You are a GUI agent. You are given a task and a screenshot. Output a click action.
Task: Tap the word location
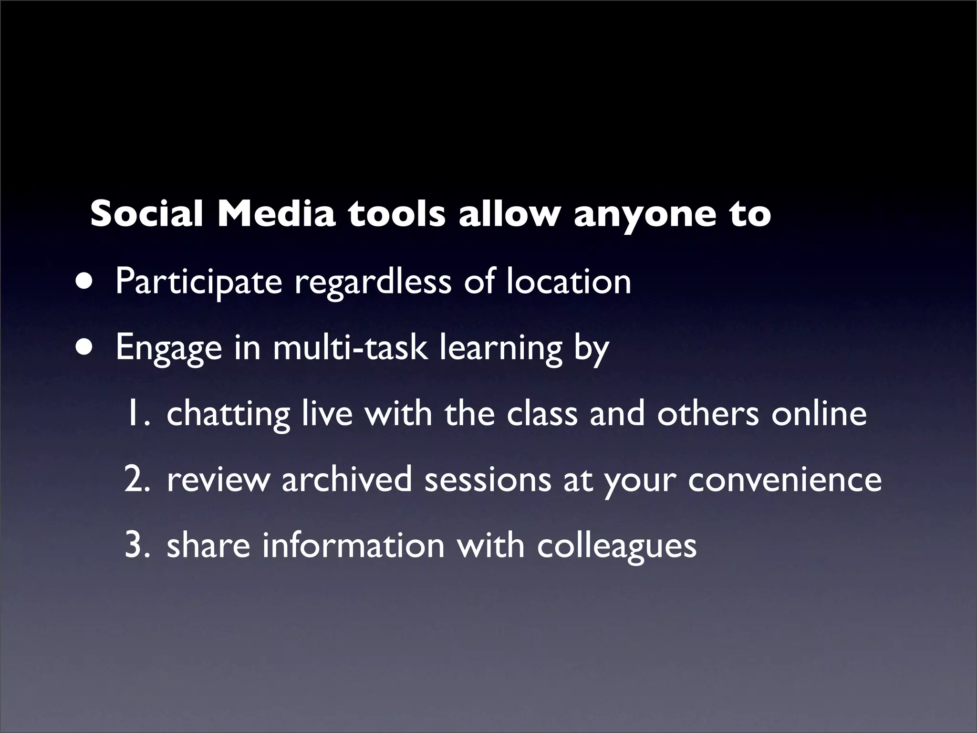[568, 282]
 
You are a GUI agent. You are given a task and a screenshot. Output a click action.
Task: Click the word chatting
[228, 414]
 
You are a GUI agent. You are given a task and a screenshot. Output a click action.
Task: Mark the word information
[353, 545]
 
